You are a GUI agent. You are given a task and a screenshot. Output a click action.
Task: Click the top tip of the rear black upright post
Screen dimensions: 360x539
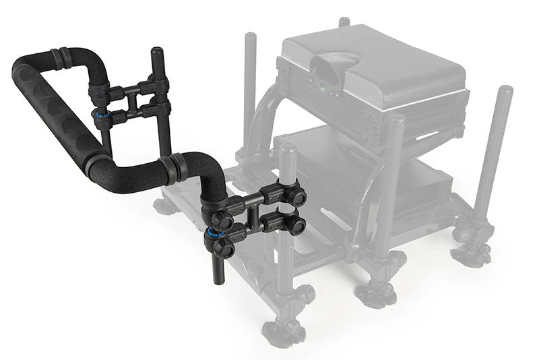pyautogui.click(x=156, y=52)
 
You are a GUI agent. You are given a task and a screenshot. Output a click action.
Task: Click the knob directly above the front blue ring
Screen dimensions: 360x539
pyautogui.click(x=221, y=218)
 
